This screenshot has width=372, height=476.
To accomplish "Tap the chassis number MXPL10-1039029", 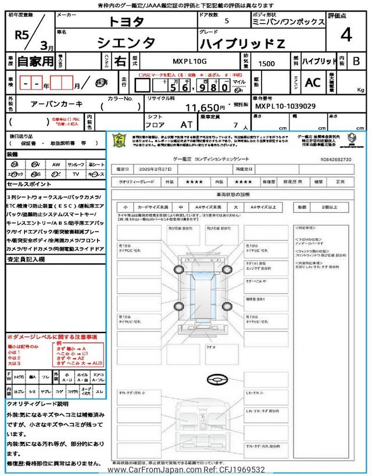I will (285, 107).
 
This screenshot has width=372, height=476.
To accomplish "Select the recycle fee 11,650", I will (205, 108).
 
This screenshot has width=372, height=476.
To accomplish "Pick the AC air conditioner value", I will (313, 83).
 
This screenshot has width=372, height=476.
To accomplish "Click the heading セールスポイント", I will (29, 184).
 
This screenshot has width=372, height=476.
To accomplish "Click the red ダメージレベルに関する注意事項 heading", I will (52, 337).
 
